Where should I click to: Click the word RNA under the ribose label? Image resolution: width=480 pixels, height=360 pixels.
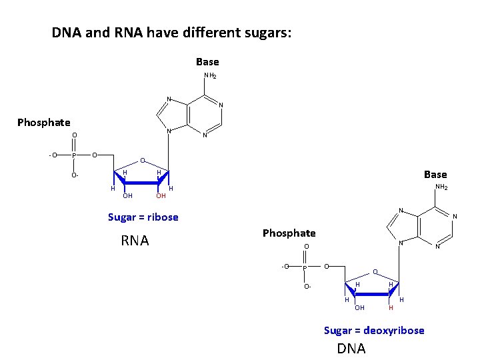(135, 241)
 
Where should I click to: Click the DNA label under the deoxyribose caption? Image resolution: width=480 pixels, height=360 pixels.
(351, 348)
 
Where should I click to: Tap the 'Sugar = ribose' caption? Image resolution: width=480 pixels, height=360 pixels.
(143, 217)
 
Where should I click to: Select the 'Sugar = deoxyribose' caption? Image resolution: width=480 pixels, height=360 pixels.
(374, 330)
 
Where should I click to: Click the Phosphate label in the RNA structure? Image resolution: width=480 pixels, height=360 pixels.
(43, 122)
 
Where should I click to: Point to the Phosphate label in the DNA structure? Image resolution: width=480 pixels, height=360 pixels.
(289, 233)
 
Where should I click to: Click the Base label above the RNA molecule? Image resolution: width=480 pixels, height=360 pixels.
(207, 61)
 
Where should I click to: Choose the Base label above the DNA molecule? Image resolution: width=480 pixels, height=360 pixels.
(435, 175)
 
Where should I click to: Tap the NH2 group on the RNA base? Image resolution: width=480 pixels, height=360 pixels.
(210, 76)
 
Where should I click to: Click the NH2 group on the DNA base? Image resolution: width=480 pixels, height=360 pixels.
(441, 187)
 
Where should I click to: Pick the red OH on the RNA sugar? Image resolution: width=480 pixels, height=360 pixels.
(161, 196)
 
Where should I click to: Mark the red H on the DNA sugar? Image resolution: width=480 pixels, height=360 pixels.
(391, 307)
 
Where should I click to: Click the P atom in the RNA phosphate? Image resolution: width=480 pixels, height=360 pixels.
(75, 156)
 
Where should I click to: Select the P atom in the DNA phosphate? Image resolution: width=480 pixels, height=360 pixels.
(305, 267)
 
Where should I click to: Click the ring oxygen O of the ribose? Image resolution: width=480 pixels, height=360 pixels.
(141, 161)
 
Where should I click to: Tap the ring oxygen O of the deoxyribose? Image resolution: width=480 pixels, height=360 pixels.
(375, 272)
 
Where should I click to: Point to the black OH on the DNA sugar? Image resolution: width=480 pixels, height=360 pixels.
(359, 307)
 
